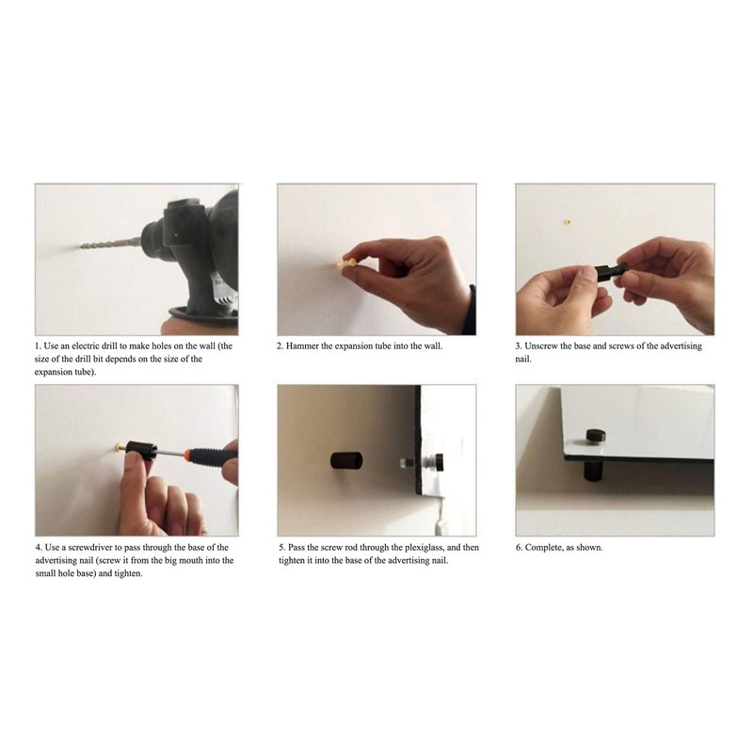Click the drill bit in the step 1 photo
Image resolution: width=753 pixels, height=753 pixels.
[x=111, y=244]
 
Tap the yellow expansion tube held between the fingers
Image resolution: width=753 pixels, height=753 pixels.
[x=345, y=264]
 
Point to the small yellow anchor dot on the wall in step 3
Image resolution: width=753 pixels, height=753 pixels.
[x=568, y=222]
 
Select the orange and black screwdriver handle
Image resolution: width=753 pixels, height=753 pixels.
[x=211, y=454]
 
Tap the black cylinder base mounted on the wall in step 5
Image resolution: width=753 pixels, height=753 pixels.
[x=346, y=461]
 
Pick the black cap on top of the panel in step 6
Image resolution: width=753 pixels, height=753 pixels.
[x=596, y=437]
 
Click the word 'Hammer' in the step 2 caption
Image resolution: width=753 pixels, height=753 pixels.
[x=302, y=345]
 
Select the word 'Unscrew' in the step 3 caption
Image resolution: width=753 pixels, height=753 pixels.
[x=541, y=345]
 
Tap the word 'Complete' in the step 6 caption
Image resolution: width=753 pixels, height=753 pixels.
[x=545, y=548]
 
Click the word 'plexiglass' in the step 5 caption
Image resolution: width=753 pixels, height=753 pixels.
[x=425, y=548]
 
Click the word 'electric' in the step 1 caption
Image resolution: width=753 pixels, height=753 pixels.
[x=86, y=345]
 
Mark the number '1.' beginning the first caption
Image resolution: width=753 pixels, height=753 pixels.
[x=38, y=345]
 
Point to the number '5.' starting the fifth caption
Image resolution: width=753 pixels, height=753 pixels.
[x=282, y=548]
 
